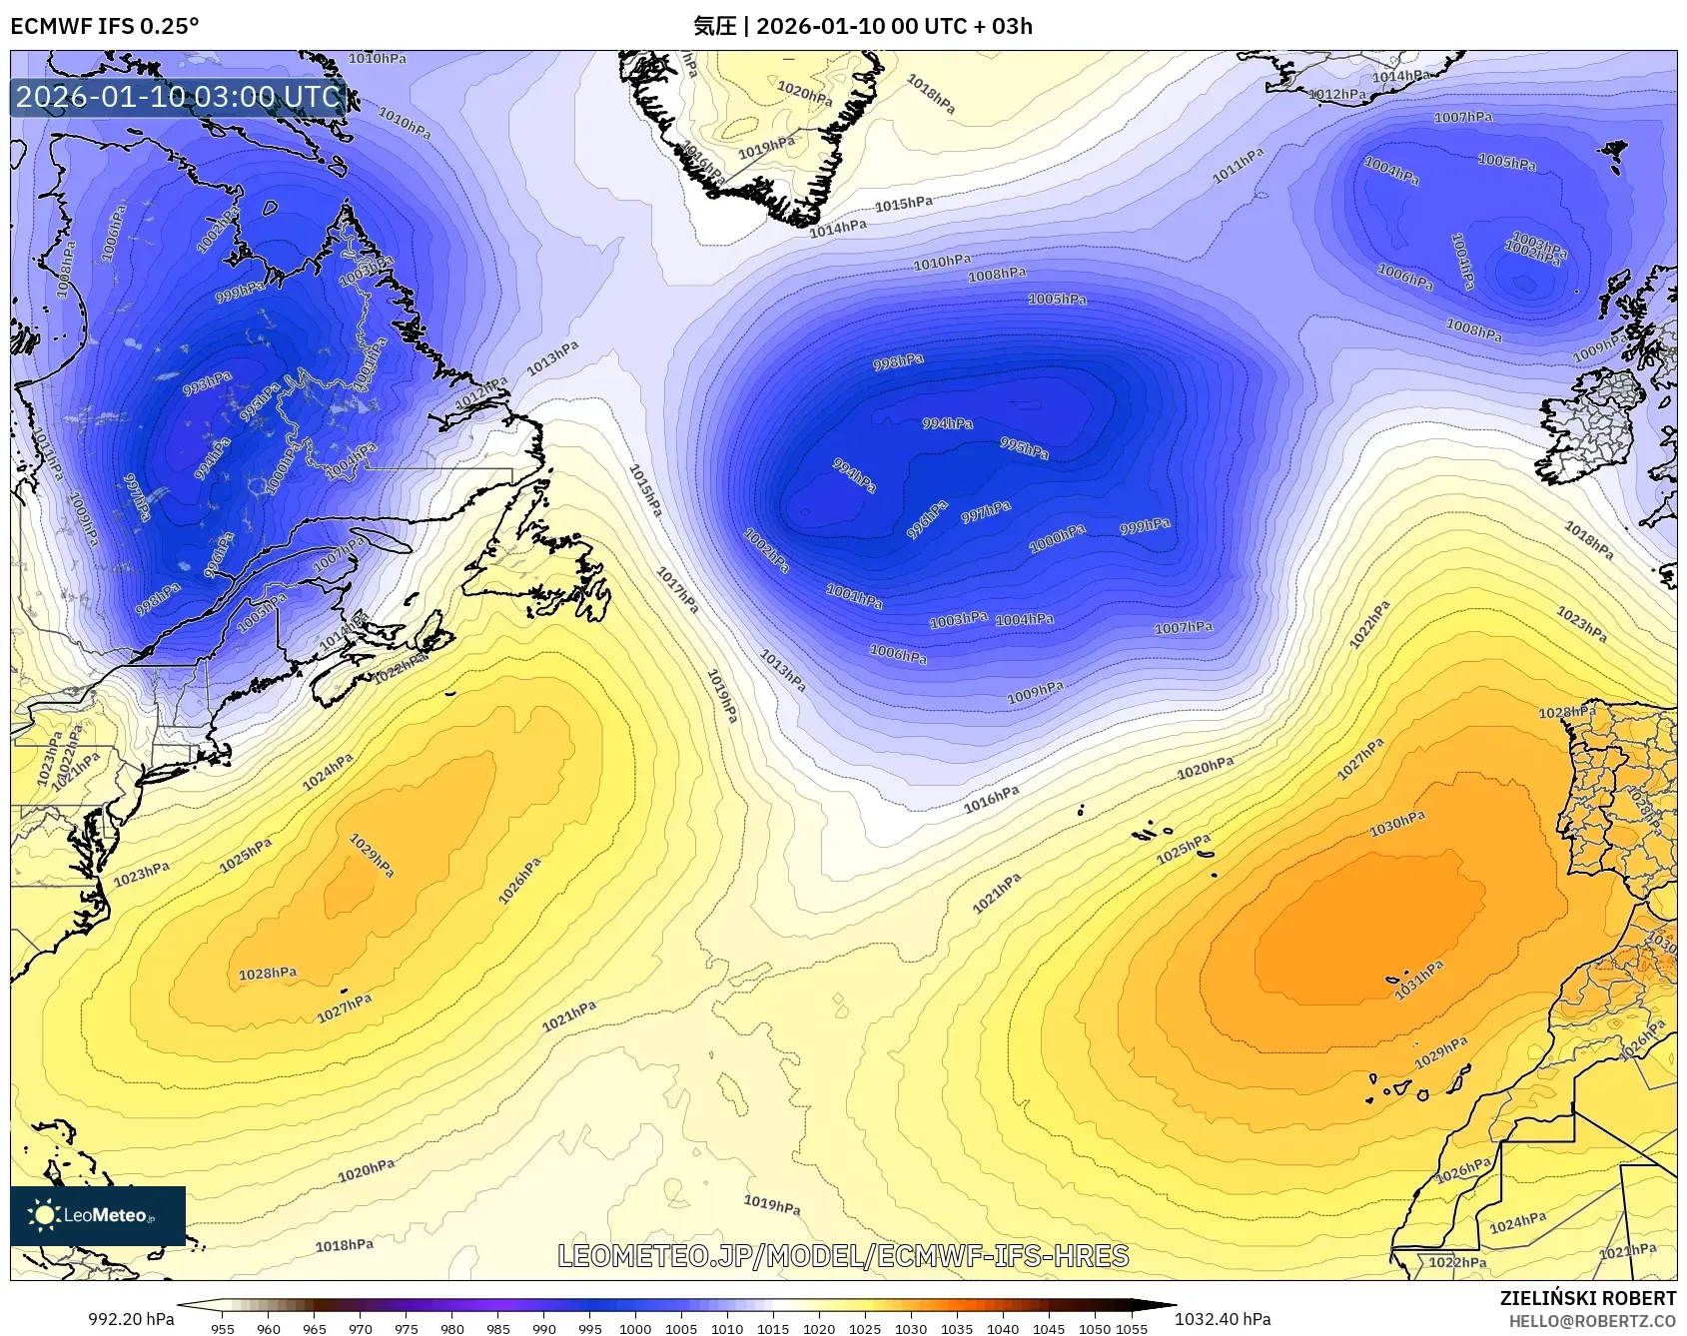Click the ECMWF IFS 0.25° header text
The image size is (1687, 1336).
coord(105,26)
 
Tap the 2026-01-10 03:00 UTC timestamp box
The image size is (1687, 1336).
coord(178,97)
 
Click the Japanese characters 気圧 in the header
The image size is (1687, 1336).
coord(714,26)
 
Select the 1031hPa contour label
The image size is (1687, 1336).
coord(1419,981)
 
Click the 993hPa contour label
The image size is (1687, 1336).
coord(208,383)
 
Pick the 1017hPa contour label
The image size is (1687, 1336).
coord(677,589)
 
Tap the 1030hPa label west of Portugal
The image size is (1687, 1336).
coord(1397,824)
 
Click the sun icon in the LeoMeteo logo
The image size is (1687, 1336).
coord(45,1215)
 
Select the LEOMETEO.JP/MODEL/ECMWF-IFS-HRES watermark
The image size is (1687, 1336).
coord(843,1256)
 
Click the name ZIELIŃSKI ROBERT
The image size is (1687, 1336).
coord(1587,1298)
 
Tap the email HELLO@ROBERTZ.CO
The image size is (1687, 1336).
coord(1592,1321)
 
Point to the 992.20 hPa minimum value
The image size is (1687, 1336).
coord(131,1319)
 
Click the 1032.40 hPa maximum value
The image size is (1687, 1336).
coord(1223,1319)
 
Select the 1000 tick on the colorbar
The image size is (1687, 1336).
coord(635,1329)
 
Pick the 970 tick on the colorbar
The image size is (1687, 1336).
coord(361,1329)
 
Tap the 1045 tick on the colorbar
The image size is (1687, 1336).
coord(1049,1329)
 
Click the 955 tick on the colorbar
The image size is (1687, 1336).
coord(223,1329)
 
